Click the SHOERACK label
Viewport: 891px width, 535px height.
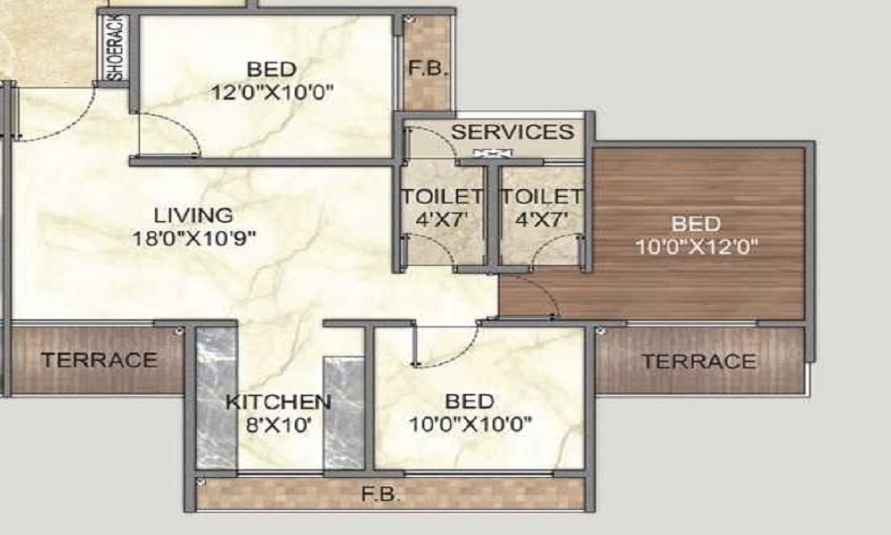(x=117, y=50)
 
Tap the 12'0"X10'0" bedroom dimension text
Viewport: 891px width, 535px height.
(x=272, y=92)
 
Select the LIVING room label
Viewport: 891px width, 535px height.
(x=193, y=215)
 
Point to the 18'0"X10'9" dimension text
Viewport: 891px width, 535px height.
(x=193, y=238)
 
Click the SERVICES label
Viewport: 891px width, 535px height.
(x=511, y=133)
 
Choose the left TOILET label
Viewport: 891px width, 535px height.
(x=441, y=197)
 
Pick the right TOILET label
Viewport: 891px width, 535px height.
(x=542, y=197)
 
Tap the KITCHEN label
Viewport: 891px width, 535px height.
(x=278, y=401)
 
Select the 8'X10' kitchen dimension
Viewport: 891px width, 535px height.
(x=278, y=425)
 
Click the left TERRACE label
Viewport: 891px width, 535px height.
(x=99, y=360)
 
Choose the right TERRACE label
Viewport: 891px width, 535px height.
(x=699, y=361)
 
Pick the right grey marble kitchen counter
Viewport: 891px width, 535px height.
(x=343, y=412)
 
